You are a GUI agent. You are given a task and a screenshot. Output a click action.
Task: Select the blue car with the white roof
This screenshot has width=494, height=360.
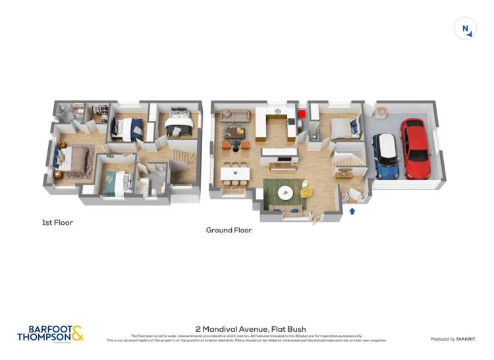click(x=385, y=156)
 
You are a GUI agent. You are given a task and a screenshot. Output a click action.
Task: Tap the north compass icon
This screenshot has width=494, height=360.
click(x=465, y=28)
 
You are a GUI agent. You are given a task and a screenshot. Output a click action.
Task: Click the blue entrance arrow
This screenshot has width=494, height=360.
click(x=352, y=211)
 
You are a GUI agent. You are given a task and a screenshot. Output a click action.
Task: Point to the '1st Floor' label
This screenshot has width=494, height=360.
click(x=57, y=222)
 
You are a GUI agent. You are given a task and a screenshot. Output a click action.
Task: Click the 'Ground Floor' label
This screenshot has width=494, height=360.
click(x=229, y=230)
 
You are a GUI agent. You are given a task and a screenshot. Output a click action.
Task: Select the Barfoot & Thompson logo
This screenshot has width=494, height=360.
click(x=51, y=334)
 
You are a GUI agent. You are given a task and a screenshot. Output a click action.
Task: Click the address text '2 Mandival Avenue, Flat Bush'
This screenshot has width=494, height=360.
click(x=251, y=329)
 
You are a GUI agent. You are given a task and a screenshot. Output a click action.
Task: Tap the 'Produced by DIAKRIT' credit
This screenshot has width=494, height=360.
click(x=453, y=339)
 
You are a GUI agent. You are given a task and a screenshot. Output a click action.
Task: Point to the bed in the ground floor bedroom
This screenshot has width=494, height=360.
click(x=343, y=127)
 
